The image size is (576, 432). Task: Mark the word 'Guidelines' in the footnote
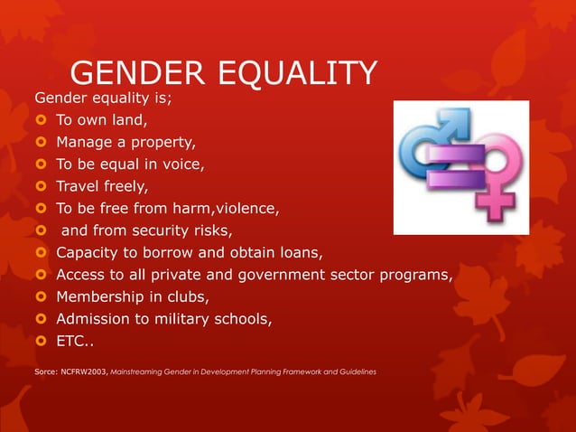pos(356,371)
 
